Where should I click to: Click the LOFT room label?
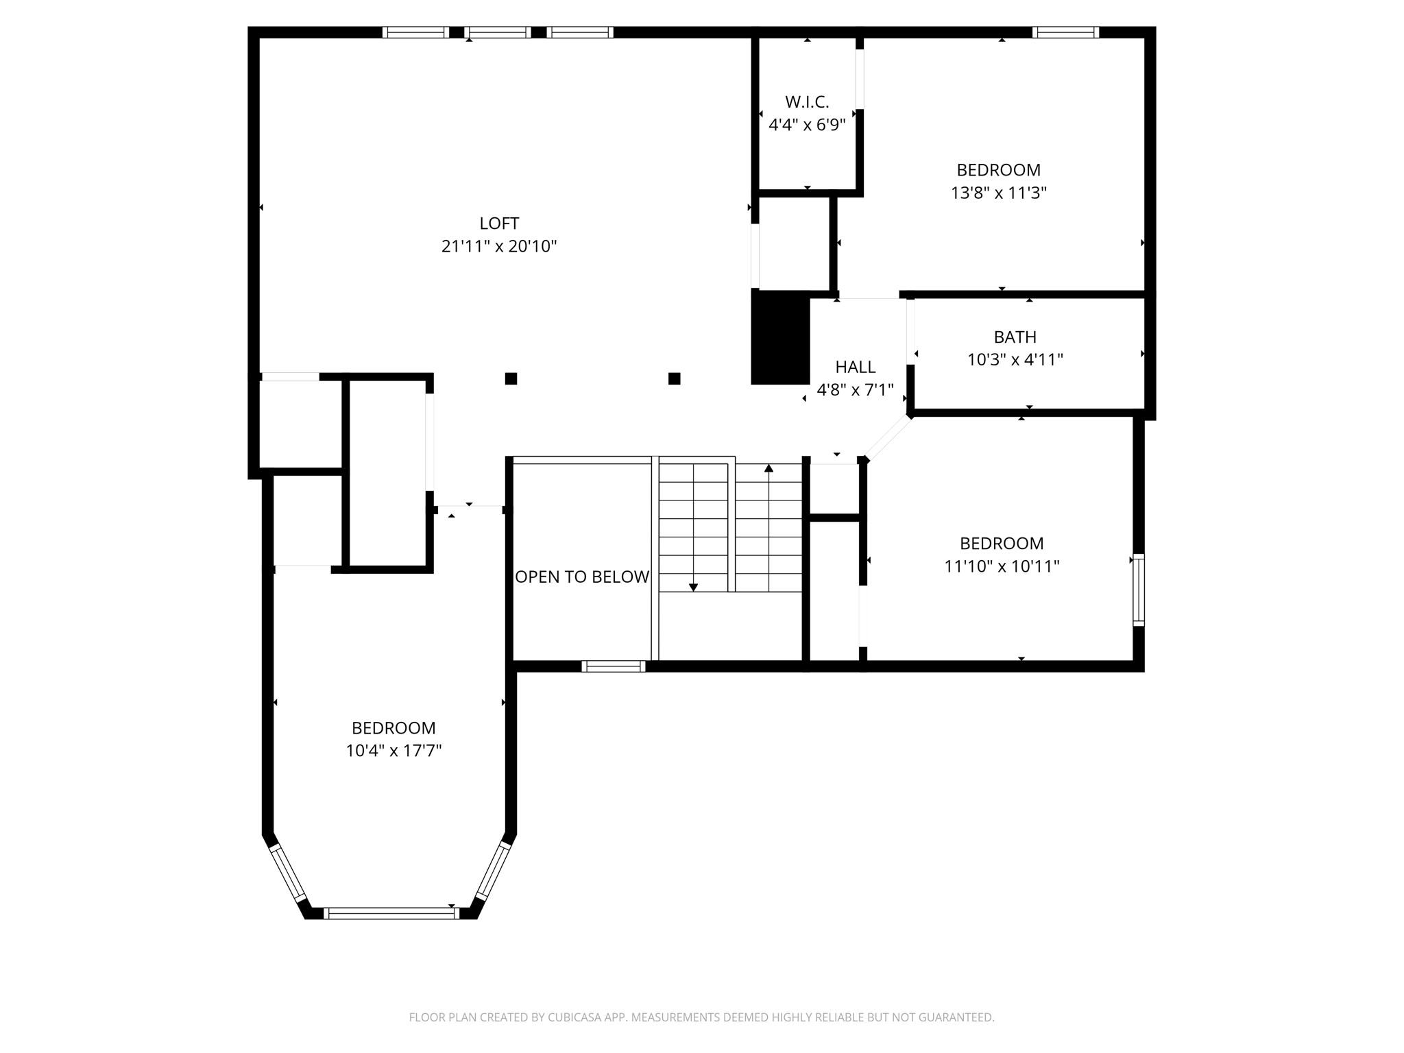[499, 223]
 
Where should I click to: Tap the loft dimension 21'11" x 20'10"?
[499, 246]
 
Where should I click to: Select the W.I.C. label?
[807, 102]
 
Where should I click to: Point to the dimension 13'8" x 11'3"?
[998, 193]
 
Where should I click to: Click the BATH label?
[1015, 337]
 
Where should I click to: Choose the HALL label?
[855, 367]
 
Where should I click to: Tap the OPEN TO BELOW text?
[582, 577]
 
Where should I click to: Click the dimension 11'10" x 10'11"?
[1002, 566]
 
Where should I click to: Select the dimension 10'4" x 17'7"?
[394, 751]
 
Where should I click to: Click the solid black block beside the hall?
[780, 337]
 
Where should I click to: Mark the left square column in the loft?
[511, 378]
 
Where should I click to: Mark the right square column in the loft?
[674, 378]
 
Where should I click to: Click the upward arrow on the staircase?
[768, 468]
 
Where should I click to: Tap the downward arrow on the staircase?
[693, 587]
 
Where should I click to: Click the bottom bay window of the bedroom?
[391, 912]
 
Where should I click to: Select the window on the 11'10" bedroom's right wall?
[1138, 590]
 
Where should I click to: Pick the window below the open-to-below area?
[613, 666]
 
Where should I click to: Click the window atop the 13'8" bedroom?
[1065, 32]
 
